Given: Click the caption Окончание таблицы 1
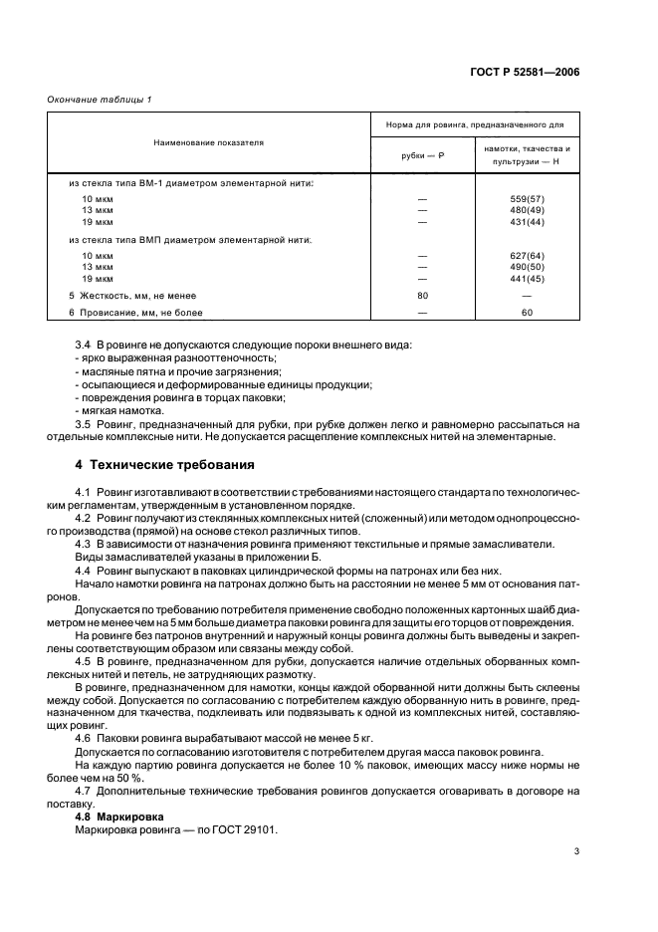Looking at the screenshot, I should [x=100, y=100].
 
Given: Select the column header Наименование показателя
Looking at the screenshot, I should [x=208, y=143].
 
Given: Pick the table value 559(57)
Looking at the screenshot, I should [x=527, y=199].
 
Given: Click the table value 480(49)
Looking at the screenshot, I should [x=527, y=210].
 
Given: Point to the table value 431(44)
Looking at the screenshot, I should [x=527, y=221].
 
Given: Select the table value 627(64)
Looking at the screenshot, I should [x=527, y=256].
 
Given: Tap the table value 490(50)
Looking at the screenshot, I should [x=527, y=267].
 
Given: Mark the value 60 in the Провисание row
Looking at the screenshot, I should [x=527, y=313].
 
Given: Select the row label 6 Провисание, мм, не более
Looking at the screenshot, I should [x=135, y=313].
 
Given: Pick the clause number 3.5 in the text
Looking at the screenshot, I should [x=85, y=424].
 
